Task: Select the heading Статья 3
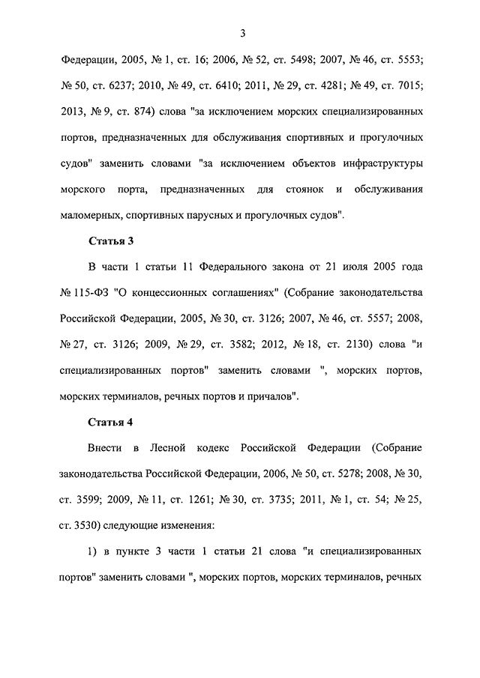click(112, 241)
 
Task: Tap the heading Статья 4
click(112, 421)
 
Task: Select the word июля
click(337, 267)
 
